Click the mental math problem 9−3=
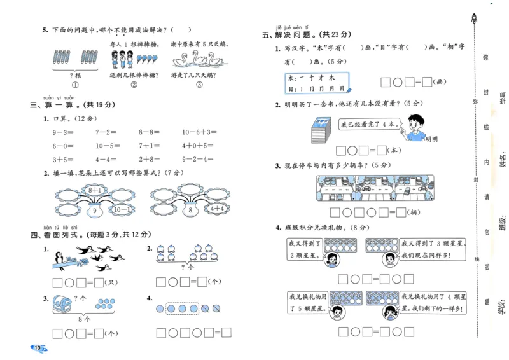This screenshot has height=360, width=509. coord(64,132)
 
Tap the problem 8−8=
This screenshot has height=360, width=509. coord(151,132)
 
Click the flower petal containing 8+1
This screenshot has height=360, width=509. coord(95,190)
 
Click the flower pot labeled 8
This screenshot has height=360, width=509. coord(190,210)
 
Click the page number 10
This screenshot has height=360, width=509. coord(38,348)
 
